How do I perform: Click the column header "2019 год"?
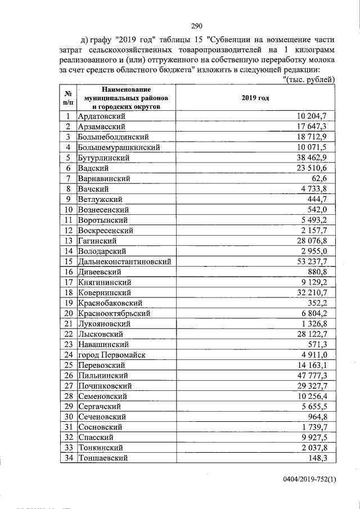click(255, 98)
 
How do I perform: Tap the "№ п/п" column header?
click(68, 98)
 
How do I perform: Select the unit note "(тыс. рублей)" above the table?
click(308, 79)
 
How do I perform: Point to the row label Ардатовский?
click(101, 116)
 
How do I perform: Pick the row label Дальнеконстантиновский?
click(124, 262)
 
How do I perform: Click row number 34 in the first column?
click(68, 458)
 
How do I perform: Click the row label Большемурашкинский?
click(119, 147)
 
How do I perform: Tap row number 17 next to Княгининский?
click(68, 282)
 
